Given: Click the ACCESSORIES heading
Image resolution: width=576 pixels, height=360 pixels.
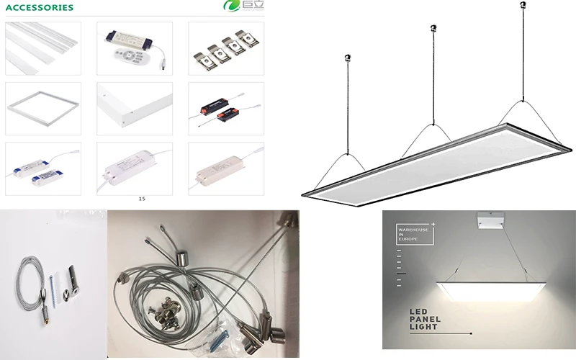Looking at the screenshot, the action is (x=39, y=8).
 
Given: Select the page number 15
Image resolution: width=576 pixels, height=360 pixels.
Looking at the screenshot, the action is (x=142, y=198).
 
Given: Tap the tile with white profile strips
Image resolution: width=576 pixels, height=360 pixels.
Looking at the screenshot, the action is (x=41, y=46).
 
